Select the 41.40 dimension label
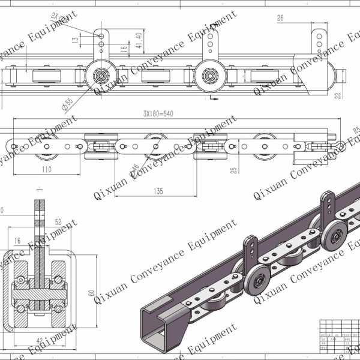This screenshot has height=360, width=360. click(139, 41)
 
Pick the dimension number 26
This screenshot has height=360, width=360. click(280, 19)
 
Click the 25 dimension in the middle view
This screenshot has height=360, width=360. click(234, 169)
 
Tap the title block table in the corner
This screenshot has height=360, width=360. click(339, 339)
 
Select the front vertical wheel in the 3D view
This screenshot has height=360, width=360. click(260, 279)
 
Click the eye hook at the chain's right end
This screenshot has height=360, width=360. click(341, 145)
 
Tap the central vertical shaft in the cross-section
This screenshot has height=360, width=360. click(39, 252)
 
